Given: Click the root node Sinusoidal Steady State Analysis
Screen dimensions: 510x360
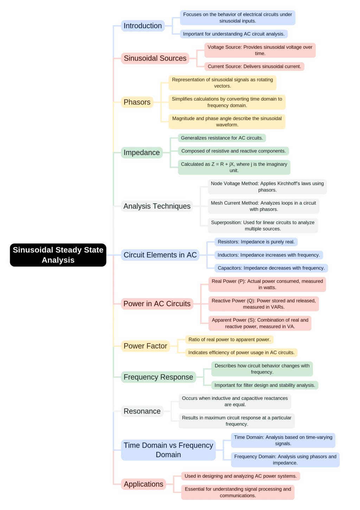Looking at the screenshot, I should click(58, 255).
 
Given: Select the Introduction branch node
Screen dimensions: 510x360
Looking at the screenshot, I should click(143, 26).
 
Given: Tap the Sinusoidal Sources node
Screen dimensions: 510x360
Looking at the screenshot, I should click(155, 58).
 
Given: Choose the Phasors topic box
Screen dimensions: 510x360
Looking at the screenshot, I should click(137, 102).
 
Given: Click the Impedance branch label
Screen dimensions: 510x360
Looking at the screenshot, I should click(142, 152).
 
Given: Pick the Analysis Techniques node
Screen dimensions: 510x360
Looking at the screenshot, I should click(157, 206).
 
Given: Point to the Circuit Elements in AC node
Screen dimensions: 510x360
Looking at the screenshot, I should click(160, 255).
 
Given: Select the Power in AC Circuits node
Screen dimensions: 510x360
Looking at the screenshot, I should click(157, 304).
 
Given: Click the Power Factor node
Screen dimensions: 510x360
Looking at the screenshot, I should click(145, 346).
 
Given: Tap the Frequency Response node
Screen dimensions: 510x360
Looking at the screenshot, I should click(158, 377).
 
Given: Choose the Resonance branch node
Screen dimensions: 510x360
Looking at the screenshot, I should click(142, 411).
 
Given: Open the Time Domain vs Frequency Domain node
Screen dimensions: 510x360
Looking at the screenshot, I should click(168, 450).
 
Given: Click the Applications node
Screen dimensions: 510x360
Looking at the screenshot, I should click(143, 484).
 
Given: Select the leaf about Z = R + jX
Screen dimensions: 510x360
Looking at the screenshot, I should click(234, 167).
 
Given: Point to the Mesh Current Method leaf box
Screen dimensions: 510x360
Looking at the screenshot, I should click(263, 206).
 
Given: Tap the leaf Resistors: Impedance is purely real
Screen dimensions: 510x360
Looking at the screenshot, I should click(256, 242).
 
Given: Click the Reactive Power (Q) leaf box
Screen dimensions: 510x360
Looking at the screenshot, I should click(263, 304).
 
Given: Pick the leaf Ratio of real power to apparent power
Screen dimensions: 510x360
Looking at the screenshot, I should click(229, 340).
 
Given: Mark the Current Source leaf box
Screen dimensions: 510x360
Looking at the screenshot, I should click(254, 66).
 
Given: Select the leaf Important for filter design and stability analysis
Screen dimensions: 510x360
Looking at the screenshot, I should click(264, 385).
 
